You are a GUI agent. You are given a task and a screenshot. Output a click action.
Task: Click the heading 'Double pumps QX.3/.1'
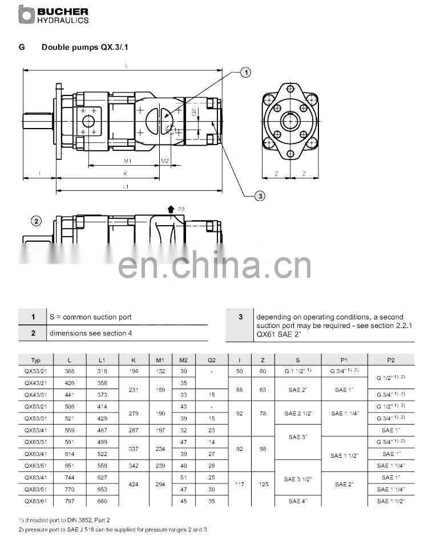[88, 47]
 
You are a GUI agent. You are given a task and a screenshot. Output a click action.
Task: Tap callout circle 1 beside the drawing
[246, 72]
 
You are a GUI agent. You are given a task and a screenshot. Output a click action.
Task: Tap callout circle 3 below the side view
[260, 197]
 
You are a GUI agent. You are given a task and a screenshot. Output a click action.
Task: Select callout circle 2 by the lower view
[37, 221]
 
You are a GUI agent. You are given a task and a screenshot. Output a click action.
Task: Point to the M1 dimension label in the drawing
[128, 161]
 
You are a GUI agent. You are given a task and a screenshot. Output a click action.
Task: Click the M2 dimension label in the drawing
[165, 161]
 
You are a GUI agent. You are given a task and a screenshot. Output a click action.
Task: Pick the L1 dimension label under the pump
[126, 187]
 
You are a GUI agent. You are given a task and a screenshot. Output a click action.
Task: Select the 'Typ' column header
[36, 360]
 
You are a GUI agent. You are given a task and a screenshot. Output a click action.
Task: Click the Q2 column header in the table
[212, 360]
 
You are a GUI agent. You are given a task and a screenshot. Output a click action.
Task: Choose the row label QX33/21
[36, 371]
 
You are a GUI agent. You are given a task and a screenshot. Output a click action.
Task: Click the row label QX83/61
[36, 501]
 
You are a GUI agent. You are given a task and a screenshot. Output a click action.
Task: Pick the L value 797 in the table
[70, 501]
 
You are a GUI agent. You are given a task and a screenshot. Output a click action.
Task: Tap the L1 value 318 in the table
[102, 371]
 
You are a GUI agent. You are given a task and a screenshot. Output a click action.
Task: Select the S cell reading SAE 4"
[298, 501]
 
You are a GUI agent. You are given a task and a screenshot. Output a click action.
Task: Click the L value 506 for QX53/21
[70, 406]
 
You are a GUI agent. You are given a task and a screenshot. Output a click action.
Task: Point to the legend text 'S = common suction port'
[90, 317]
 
